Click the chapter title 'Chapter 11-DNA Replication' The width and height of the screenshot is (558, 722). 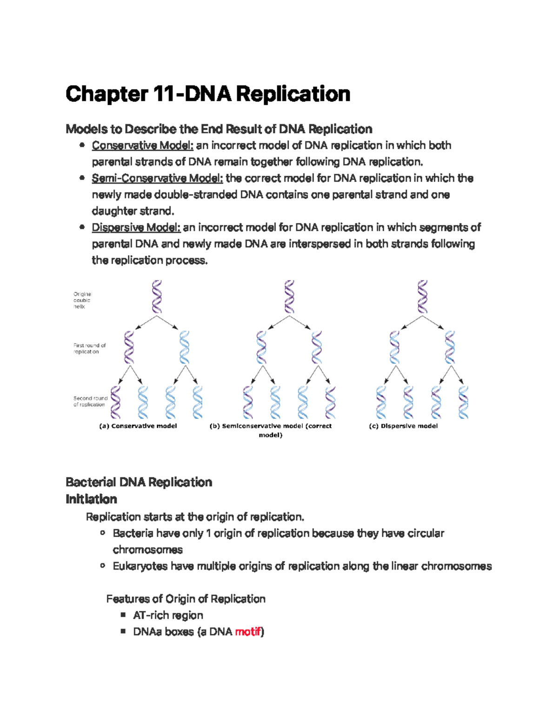(208, 94)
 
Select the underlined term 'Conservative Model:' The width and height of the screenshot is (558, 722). (142, 146)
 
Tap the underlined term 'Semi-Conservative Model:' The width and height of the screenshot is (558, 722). (157, 179)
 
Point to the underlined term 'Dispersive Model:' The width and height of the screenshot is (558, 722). (136, 228)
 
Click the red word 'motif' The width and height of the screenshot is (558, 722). (248, 632)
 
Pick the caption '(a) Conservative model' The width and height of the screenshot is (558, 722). (138, 426)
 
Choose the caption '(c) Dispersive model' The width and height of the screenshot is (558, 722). (403, 426)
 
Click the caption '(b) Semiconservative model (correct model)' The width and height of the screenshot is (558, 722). (271, 430)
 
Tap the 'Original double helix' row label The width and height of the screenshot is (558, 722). (82, 300)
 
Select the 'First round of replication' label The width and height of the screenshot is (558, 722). (89, 349)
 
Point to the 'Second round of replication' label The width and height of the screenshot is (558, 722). (90, 401)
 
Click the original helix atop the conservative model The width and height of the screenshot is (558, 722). (157, 297)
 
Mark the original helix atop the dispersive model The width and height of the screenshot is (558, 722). (422, 297)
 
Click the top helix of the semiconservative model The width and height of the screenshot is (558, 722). (289, 297)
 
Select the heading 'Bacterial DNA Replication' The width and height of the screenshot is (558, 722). (139, 482)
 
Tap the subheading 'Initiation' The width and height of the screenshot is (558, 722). (91, 499)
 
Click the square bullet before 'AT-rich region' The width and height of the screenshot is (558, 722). (123, 615)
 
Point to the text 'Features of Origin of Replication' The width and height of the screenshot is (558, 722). (186, 599)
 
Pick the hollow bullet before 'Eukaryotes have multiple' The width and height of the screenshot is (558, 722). (103, 566)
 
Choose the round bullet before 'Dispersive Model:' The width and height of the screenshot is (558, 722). (82, 227)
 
